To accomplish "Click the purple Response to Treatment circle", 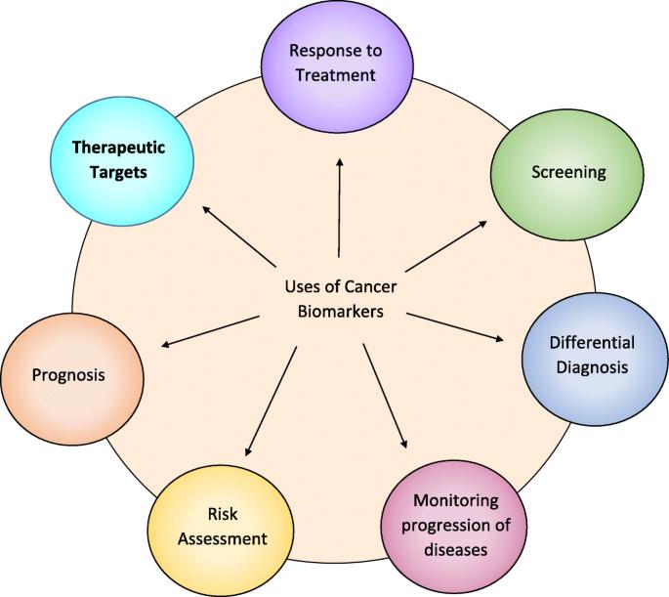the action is pos(337,65).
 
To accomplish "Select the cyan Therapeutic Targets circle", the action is pos(122,161).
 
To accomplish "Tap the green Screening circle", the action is pos(567,175).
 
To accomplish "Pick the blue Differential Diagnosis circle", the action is pos(595,359).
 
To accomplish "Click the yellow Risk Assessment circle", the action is pos(221,530).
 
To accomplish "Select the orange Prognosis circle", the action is pos(72,379).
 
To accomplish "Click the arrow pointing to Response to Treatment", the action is pos(340,208).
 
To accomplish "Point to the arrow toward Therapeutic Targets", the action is pos(239,236).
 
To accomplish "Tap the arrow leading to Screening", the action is pos(446,246).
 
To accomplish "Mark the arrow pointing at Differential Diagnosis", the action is pos(455,327).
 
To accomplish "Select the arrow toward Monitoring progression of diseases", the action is pos(385,396).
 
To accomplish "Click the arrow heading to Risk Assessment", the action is pos(271,402).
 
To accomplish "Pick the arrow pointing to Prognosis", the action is pos(210,331).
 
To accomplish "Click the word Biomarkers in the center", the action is pos(341,312).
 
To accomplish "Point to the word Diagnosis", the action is pos(592,367).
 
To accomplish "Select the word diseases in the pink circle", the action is pos(456,549).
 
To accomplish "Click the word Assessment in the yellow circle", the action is pos(223,539).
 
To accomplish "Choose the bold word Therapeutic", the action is pos(118,149).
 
